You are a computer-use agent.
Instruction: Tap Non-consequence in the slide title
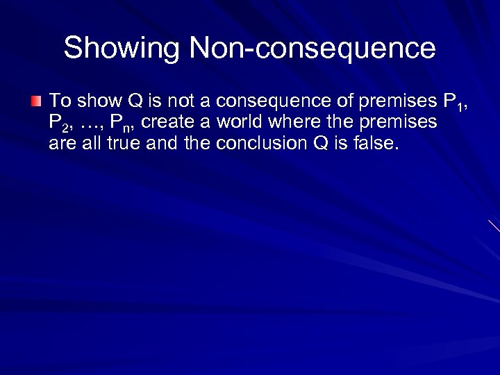click(312, 49)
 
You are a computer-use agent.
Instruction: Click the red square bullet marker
click(36, 102)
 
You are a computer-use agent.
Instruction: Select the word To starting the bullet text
click(60, 101)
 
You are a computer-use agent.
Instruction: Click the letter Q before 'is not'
click(136, 101)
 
